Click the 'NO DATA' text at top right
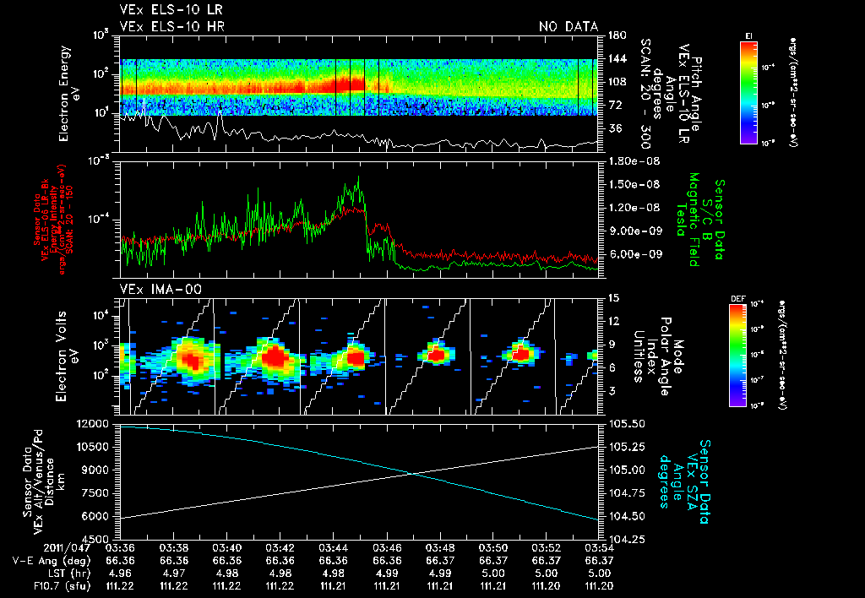tap(568, 27)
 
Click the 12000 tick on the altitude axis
tap(95, 422)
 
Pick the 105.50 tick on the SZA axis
tap(622, 422)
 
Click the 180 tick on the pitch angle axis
tap(615, 35)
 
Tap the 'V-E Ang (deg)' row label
tap(42, 560)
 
